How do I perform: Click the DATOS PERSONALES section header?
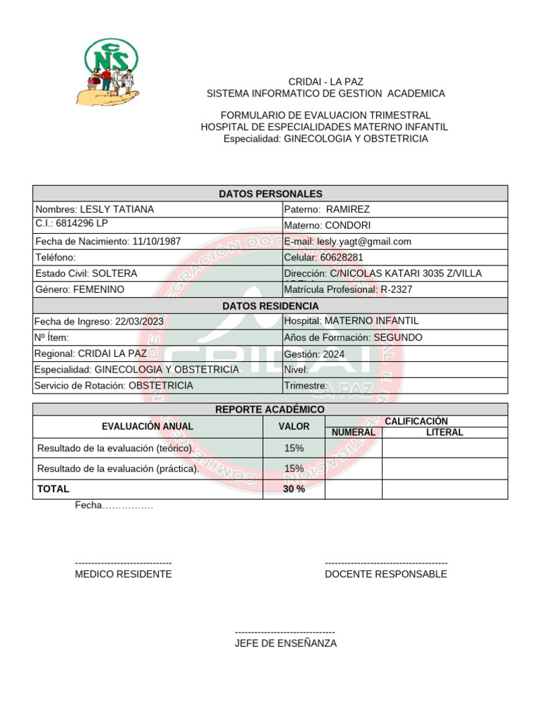click(270, 194)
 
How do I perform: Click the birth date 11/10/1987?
click(156, 242)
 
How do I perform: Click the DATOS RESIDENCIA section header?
click(270, 306)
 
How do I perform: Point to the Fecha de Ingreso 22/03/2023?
click(137, 321)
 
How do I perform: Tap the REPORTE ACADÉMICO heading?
click(270, 409)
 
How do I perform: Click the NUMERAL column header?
click(353, 432)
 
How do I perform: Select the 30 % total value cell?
click(294, 489)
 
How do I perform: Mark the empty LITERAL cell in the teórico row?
click(444, 449)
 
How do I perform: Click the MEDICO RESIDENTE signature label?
click(123, 574)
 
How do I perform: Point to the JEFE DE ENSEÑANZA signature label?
click(285, 644)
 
